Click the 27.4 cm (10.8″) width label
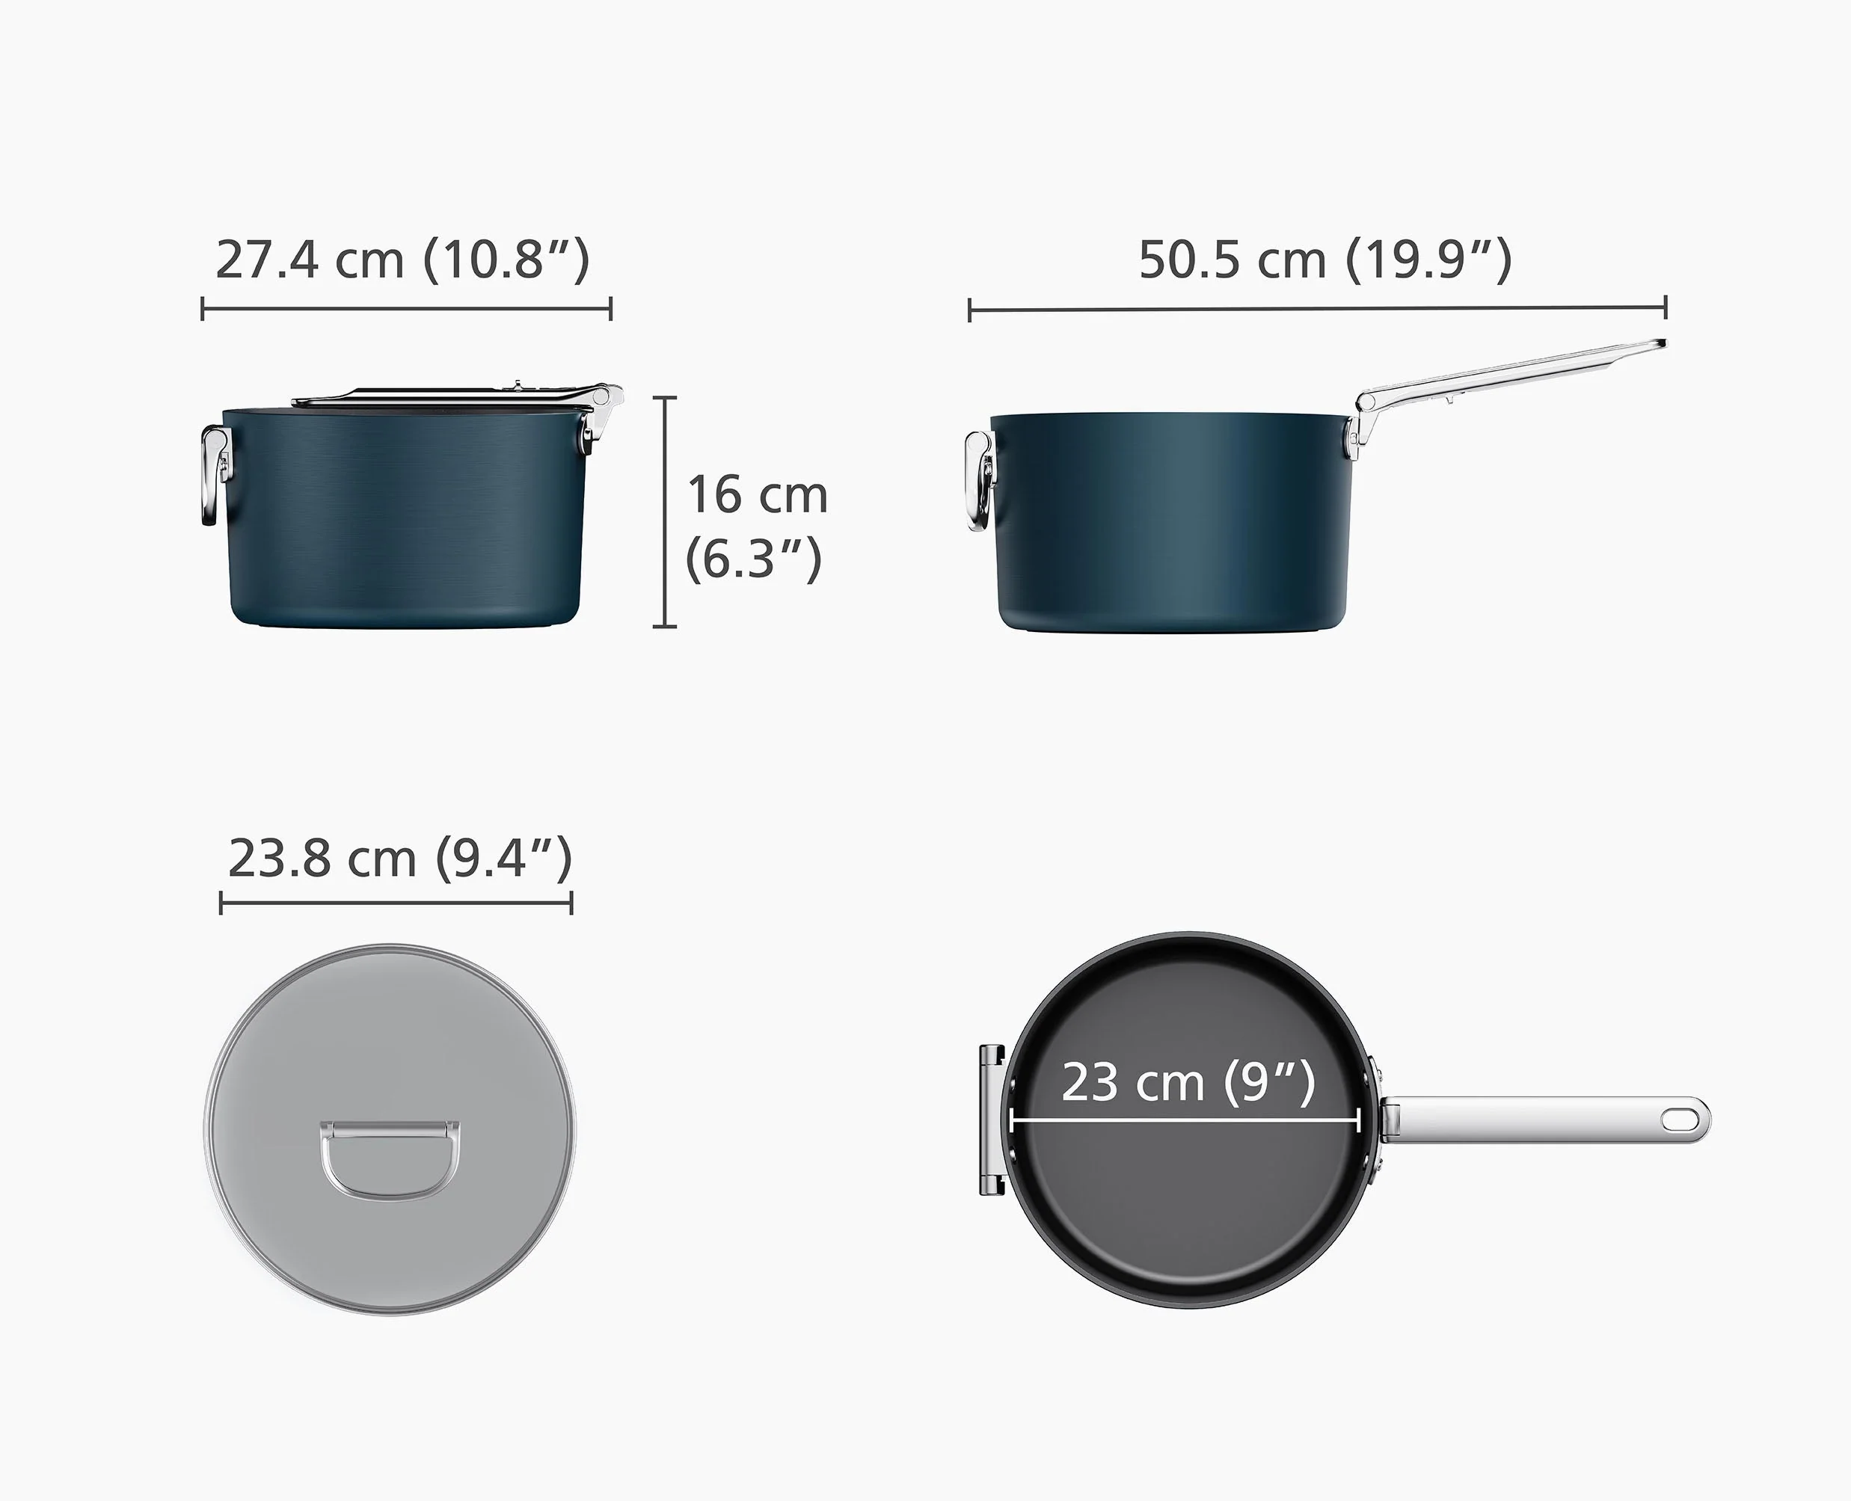[x=402, y=260]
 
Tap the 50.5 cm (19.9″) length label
[x=1324, y=260]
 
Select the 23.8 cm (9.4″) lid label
[x=399, y=858]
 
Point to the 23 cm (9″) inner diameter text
[x=1188, y=1081]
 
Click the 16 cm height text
[x=758, y=494]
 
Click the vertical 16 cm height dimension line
[x=664, y=512]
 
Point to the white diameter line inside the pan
[x=1185, y=1121]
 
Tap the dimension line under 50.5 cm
[x=1317, y=308]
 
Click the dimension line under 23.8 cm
[x=396, y=903]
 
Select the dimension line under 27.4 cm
[x=406, y=308]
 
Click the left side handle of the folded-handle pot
[x=212, y=476]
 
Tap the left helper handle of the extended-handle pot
[x=979, y=481]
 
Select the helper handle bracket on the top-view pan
[x=992, y=1120]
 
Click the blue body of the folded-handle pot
[x=406, y=519]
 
